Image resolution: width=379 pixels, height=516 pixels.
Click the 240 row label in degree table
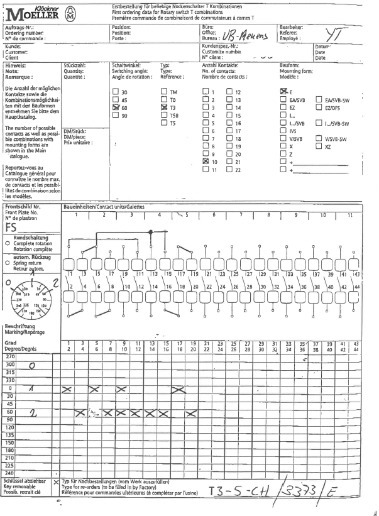click(10, 472)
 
